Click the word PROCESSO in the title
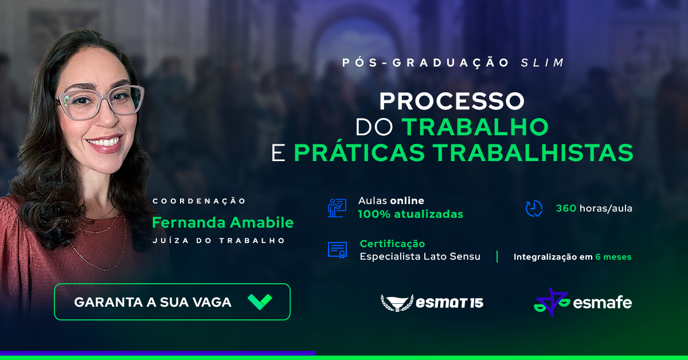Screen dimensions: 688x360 tap(452, 101)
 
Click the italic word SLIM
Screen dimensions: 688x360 tap(542, 62)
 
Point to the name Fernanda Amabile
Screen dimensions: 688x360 tap(222, 222)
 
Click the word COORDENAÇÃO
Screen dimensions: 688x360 tap(199, 201)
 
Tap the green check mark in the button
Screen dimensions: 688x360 tap(260, 302)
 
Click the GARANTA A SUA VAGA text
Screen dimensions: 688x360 tap(153, 302)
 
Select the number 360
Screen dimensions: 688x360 tap(566, 208)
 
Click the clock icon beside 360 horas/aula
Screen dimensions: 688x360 tap(534, 209)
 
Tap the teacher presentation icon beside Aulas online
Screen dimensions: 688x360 tap(337, 208)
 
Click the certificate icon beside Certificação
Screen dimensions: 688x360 tap(337, 250)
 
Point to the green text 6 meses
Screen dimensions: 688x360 tap(613, 257)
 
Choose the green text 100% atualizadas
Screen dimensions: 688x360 tap(411, 214)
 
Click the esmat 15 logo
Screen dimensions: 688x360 tap(432, 303)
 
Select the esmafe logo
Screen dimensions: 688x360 tap(583, 302)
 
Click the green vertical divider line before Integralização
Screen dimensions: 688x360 tap(497, 256)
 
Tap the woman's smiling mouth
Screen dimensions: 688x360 tap(104, 142)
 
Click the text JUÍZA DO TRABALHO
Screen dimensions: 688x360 tap(219, 241)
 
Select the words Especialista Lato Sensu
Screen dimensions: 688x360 tap(420, 256)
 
